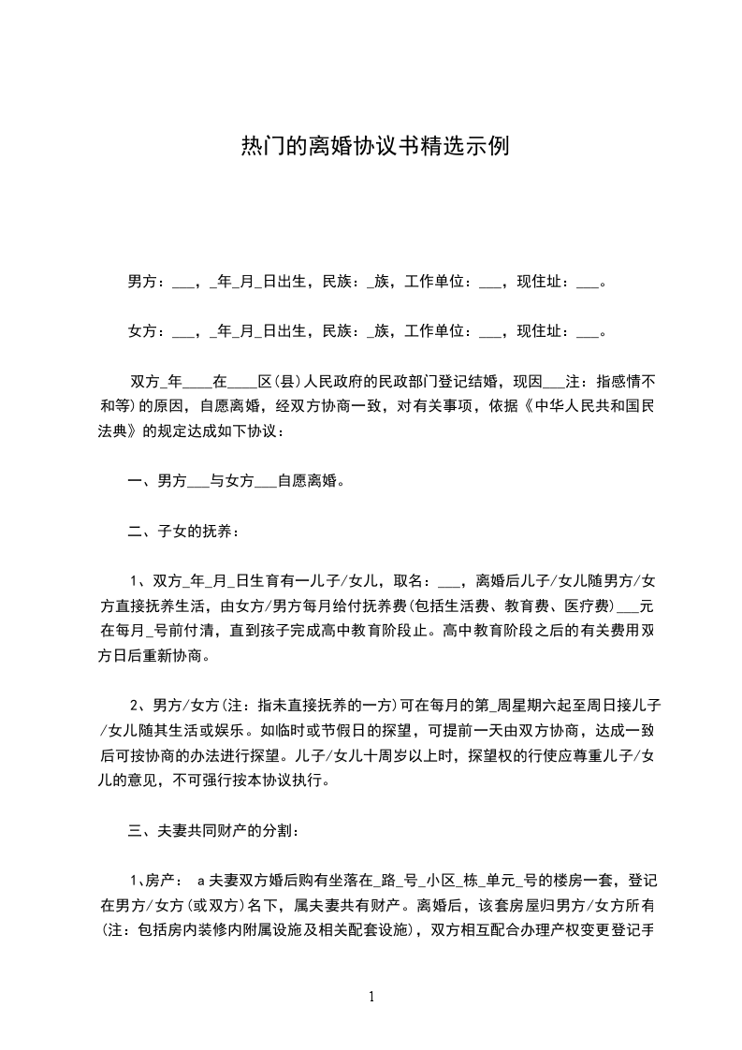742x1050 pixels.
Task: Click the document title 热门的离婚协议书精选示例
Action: coord(374,147)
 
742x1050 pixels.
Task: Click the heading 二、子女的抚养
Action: coord(182,532)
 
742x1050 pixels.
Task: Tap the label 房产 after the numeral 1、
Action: coord(158,880)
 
